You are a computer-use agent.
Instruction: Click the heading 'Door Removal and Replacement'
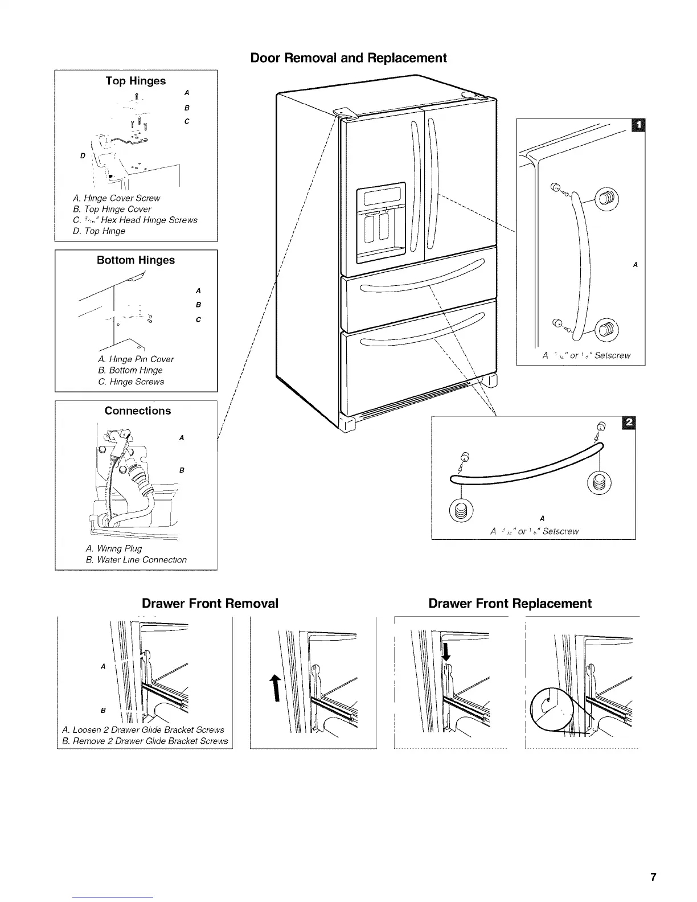tap(348, 58)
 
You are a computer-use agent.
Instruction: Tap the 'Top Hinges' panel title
tap(136, 81)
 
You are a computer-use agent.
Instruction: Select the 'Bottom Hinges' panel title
tap(136, 260)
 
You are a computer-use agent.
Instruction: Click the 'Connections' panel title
tap(137, 411)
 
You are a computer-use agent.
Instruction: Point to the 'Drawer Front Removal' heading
tap(210, 604)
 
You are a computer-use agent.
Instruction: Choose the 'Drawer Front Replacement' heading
tap(510, 604)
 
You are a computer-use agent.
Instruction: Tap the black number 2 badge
tap(629, 423)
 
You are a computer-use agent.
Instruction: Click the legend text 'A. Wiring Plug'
tap(113, 549)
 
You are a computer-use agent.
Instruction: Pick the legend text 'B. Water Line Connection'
tap(136, 560)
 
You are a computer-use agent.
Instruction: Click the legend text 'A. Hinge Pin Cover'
tap(136, 359)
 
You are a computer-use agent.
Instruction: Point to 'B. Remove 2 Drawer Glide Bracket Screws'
tap(145, 741)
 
